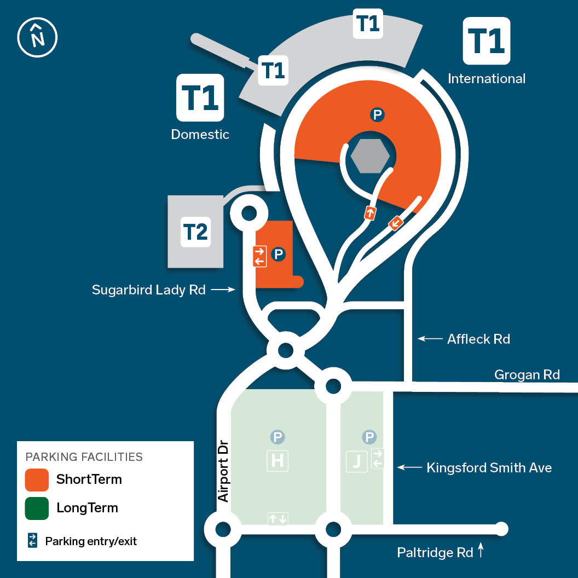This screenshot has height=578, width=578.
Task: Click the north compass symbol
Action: (x=37, y=37)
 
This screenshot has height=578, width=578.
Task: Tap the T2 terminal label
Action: (x=195, y=232)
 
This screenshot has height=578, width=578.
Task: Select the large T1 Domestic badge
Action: (x=200, y=97)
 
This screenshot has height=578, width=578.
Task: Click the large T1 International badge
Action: (x=487, y=41)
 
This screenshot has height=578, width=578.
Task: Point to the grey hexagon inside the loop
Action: (x=370, y=155)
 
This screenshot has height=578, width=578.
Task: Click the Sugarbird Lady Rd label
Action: (x=148, y=290)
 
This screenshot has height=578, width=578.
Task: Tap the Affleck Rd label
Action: (x=478, y=339)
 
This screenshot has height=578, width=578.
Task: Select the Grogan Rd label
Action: (x=527, y=374)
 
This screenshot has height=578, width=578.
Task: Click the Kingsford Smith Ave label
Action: (x=489, y=467)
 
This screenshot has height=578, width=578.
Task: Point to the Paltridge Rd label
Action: (x=435, y=553)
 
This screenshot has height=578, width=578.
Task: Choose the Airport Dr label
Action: (x=223, y=471)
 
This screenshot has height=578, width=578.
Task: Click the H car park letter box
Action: (x=277, y=461)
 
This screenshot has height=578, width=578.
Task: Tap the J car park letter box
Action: (x=357, y=461)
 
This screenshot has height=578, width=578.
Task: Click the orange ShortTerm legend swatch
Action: (x=37, y=480)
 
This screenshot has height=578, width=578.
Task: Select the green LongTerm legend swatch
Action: (x=37, y=508)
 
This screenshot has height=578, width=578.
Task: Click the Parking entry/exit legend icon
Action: (x=32, y=540)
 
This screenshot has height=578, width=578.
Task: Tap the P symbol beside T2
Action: (x=278, y=254)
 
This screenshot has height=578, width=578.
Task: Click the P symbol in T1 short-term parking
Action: (x=377, y=115)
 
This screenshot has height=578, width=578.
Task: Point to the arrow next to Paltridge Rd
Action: (x=481, y=550)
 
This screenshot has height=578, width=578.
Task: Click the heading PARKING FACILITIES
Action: (x=84, y=456)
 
